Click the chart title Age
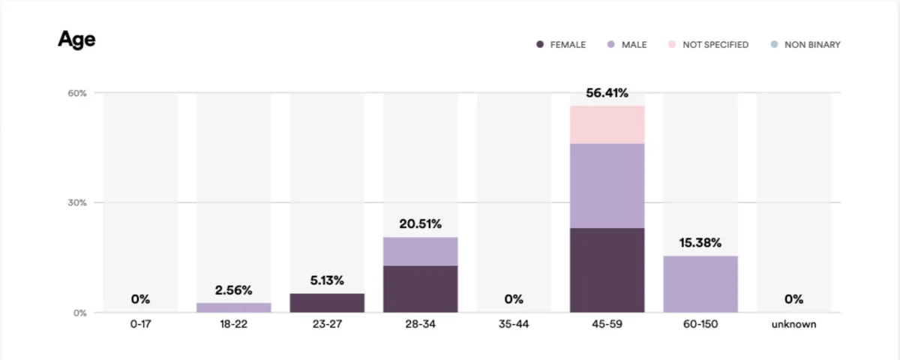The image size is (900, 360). pos(76,40)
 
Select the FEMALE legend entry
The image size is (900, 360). pos(561,44)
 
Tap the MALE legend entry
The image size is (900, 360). pos(627,44)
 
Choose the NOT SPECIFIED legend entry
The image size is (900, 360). pos(708,44)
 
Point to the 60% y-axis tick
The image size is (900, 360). pos(77,93)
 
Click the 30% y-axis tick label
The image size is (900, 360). pos(77,203)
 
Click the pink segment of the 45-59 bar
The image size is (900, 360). pos(607,124)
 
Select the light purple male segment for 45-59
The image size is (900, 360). pos(607,186)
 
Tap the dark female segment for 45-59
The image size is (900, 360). pos(607,270)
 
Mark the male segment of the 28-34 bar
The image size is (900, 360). pos(420,251)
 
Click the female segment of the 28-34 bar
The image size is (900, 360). pos(420,289)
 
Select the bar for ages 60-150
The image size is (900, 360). pos(700,284)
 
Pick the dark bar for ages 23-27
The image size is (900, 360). pos(327,303)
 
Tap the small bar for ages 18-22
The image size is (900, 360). pos(233,307)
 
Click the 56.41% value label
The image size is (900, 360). pos(607,93)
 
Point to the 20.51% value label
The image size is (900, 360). pos(420,224)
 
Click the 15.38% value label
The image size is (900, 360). pos(700,243)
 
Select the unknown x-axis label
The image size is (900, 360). pos(794,324)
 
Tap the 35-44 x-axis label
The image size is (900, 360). pos(514,324)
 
